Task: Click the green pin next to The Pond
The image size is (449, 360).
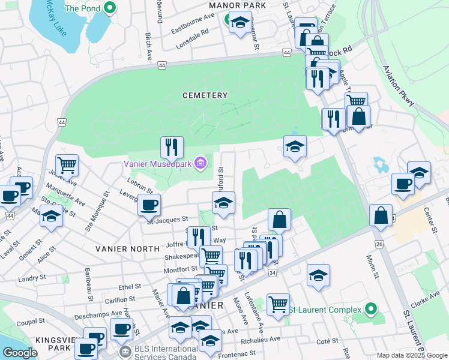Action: (109, 8)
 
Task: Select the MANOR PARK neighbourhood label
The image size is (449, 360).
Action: (228, 5)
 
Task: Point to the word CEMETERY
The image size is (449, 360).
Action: (205, 95)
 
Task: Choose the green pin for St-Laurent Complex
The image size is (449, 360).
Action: (371, 310)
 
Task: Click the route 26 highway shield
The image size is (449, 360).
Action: (379, 244)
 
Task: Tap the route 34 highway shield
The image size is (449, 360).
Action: (272, 273)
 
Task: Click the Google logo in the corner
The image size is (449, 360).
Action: (20, 353)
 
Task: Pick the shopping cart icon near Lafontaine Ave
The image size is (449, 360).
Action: (278, 303)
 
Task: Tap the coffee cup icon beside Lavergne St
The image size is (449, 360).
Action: (149, 205)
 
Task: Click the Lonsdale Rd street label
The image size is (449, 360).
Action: (192, 40)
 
